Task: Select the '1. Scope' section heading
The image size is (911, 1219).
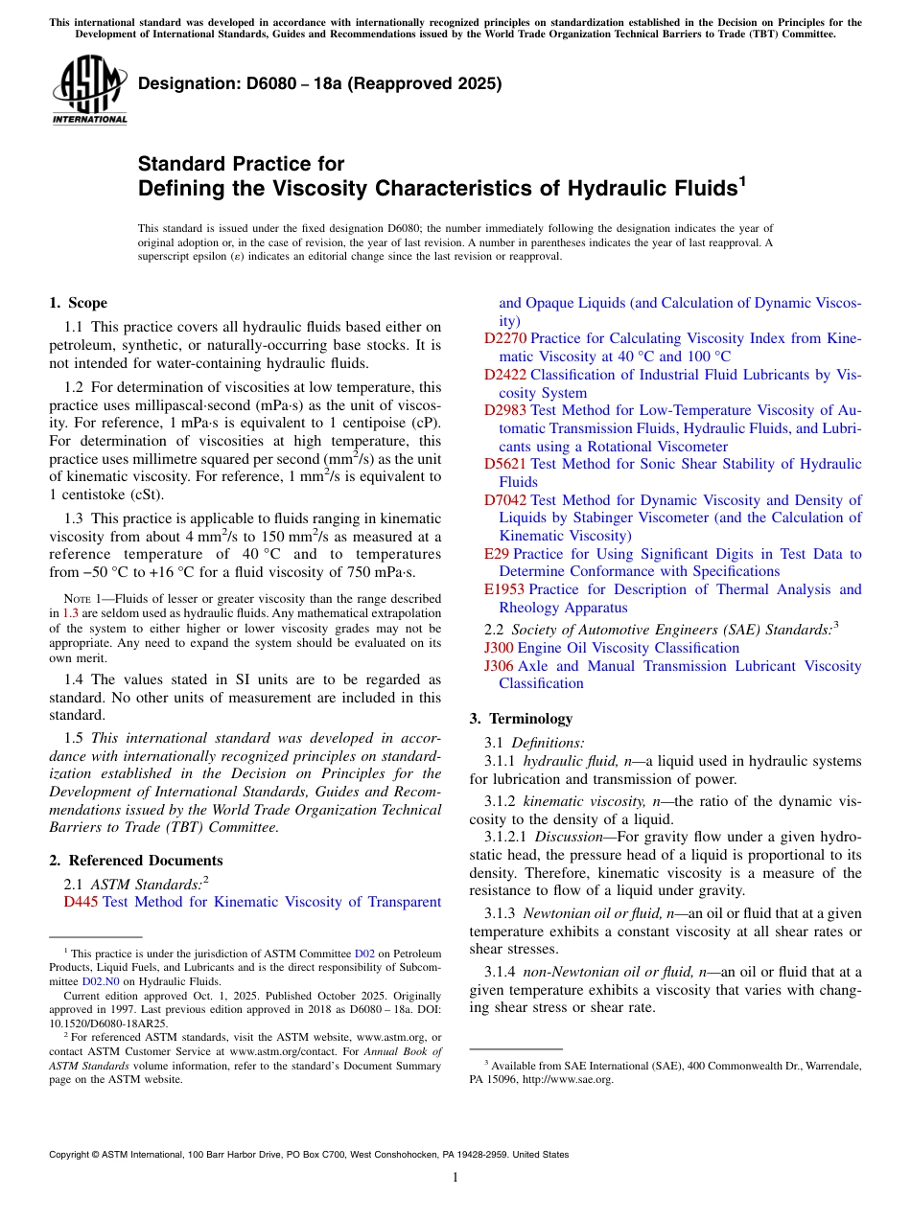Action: pyautogui.click(x=78, y=303)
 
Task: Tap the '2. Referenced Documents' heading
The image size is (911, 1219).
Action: pyautogui.click(x=135, y=861)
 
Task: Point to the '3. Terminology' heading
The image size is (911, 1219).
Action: pyautogui.click(x=521, y=719)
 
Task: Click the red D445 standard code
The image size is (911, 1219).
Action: pyautogui.click(x=81, y=902)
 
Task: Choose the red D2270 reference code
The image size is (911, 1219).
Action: pyautogui.click(x=505, y=338)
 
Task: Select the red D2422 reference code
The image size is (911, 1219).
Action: pyautogui.click(x=505, y=375)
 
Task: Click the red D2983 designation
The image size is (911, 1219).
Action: pyautogui.click(x=505, y=410)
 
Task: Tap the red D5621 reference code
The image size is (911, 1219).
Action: pyautogui.click(x=505, y=464)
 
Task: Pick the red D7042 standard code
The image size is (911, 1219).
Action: pyautogui.click(x=505, y=500)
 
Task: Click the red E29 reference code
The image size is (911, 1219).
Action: pyautogui.click(x=497, y=554)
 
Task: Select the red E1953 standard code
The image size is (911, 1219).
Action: pyautogui.click(x=504, y=589)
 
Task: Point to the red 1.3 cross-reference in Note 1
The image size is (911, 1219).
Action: pyautogui.click(x=70, y=612)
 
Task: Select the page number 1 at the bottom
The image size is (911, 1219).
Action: pyautogui.click(x=455, y=1178)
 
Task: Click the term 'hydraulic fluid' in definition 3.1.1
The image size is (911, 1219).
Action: pyautogui.click(x=571, y=761)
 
